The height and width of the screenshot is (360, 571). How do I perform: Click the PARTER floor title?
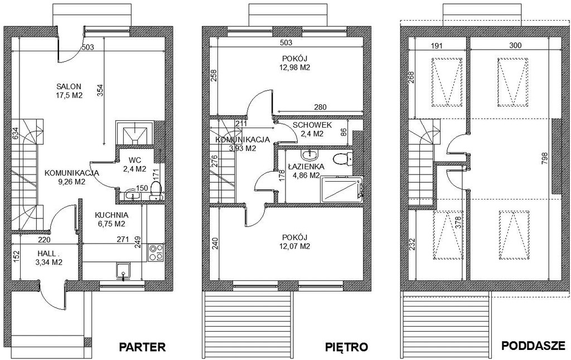point(142,347)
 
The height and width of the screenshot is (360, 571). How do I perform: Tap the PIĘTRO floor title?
point(346,347)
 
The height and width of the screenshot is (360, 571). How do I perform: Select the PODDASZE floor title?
point(534,346)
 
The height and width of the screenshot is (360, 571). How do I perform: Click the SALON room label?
point(69,86)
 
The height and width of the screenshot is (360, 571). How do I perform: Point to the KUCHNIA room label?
point(112,215)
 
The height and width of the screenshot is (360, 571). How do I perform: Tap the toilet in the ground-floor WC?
point(156,191)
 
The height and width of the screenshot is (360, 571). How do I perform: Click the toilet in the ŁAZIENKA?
point(343,158)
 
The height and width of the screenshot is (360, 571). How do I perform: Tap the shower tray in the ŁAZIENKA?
point(342,189)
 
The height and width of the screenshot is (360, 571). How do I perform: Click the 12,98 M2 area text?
point(295,67)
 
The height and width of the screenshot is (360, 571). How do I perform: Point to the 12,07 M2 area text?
point(294,246)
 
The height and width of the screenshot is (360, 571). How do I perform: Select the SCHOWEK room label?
point(312,125)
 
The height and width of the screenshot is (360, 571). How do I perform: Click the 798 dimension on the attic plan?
point(544,159)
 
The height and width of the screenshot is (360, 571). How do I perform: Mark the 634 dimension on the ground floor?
point(14,134)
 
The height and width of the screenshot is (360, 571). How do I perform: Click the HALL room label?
point(47,254)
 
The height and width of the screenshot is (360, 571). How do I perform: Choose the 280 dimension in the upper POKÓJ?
point(321,107)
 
